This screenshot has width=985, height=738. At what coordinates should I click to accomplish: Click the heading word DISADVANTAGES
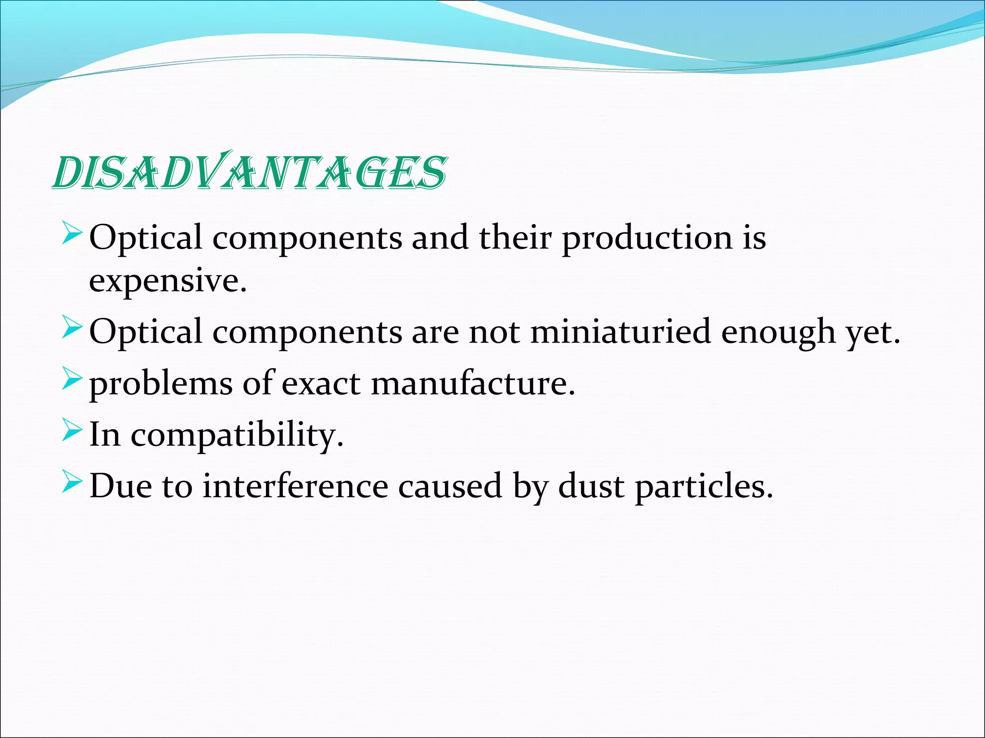pos(249,172)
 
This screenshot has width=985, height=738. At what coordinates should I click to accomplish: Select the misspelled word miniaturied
pos(620,332)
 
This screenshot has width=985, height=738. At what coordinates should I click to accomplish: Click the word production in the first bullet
pos(647,238)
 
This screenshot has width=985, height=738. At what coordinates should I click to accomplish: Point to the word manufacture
pos(473,383)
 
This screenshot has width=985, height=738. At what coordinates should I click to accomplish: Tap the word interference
pos(295,486)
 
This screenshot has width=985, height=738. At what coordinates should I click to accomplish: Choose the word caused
pos(450,486)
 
